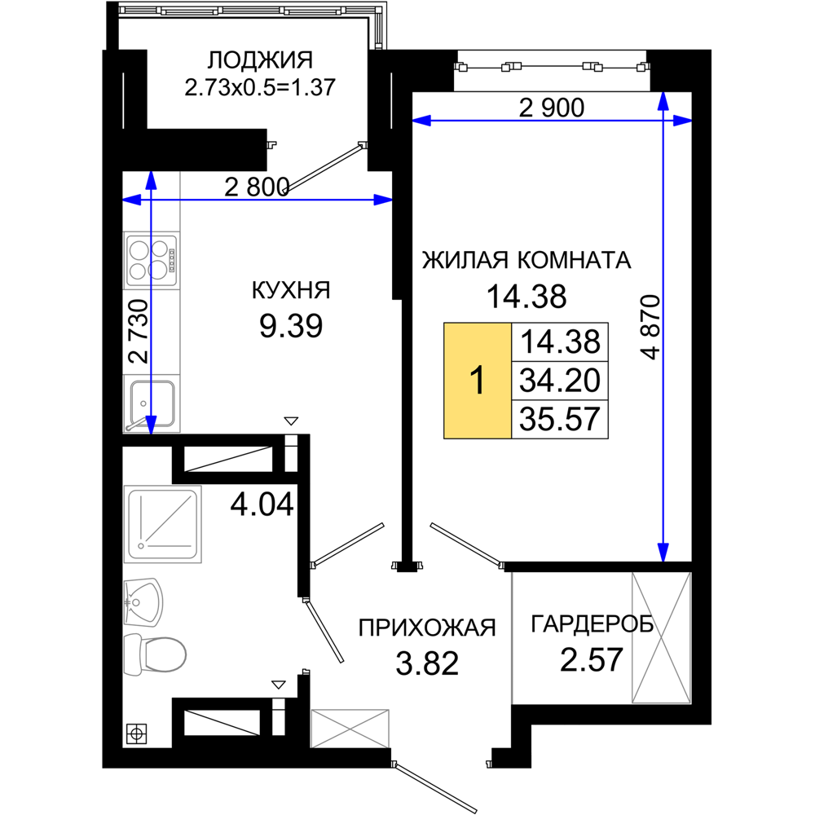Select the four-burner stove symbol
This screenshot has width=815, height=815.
[152, 259]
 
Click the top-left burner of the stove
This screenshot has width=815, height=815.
[140, 249]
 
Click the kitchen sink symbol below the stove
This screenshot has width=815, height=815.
[152, 403]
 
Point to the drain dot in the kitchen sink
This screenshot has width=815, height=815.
[143, 403]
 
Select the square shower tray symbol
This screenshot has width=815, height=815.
[163, 524]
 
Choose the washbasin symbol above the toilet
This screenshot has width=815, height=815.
[143, 602]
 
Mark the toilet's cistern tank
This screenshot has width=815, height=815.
[133, 654]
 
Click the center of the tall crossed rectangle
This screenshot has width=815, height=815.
[660, 637]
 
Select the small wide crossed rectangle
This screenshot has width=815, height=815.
[350, 727]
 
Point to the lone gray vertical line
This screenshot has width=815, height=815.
[512, 637]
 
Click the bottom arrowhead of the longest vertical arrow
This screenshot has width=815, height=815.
[663, 552]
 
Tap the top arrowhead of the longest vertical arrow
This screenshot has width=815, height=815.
[663, 101]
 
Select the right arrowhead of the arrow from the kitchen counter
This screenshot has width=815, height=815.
[383, 200]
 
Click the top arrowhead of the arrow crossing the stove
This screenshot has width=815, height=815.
[151, 180]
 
